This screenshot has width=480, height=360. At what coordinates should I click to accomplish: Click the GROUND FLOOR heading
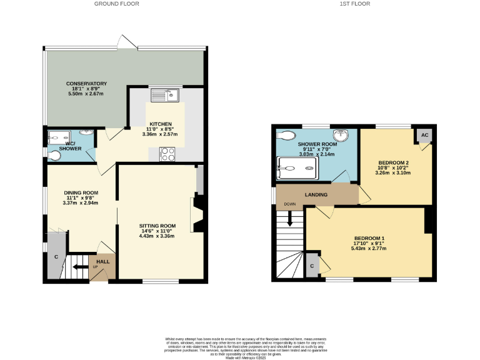click(116, 4)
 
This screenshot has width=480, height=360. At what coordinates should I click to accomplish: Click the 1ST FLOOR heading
click(355, 4)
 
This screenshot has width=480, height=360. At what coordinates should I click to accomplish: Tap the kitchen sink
click(167, 95)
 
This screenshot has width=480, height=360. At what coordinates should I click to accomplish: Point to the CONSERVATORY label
click(87, 84)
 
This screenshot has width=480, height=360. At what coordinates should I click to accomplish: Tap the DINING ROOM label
click(81, 192)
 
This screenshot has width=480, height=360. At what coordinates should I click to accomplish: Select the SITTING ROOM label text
click(157, 226)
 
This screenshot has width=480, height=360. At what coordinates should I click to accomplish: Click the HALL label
click(102, 261)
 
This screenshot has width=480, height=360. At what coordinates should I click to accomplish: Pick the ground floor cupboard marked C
click(56, 256)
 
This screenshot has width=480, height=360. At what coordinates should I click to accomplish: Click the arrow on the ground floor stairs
click(79, 267)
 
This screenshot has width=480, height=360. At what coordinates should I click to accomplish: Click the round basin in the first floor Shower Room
click(340, 135)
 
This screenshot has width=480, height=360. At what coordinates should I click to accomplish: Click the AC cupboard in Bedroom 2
click(424, 135)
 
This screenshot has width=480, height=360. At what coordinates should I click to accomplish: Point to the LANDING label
click(316, 195)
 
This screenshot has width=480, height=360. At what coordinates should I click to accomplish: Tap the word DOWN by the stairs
click(290, 204)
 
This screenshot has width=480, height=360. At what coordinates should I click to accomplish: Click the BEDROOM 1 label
click(369, 238)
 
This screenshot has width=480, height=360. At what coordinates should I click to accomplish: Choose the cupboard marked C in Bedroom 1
click(312, 266)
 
